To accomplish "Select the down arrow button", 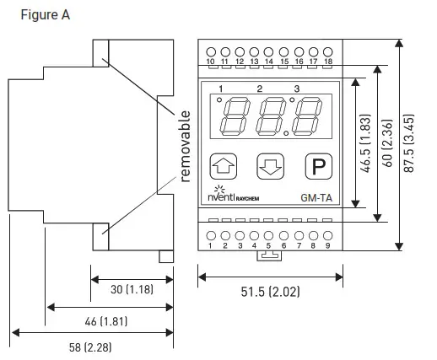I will (x=271, y=165).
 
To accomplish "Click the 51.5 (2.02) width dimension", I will (x=270, y=292).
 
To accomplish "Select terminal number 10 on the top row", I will (x=210, y=62).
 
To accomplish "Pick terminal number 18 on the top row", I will (x=327, y=62).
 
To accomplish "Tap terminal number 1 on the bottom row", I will (x=210, y=245).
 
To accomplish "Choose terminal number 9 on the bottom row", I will (x=327, y=245).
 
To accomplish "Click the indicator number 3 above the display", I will (x=296, y=89).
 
